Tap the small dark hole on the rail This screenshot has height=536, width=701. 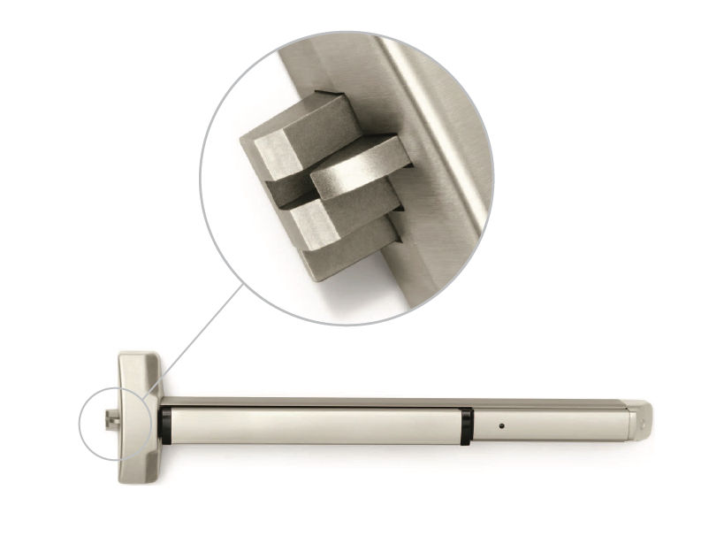click(x=500, y=425)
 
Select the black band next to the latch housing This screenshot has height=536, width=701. click(x=165, y=425)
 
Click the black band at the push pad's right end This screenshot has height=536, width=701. click(x=466, y=425)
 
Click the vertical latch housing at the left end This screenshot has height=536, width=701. click(x=140, y=416)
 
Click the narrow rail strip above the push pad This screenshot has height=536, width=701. click(x=389, y=402)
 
